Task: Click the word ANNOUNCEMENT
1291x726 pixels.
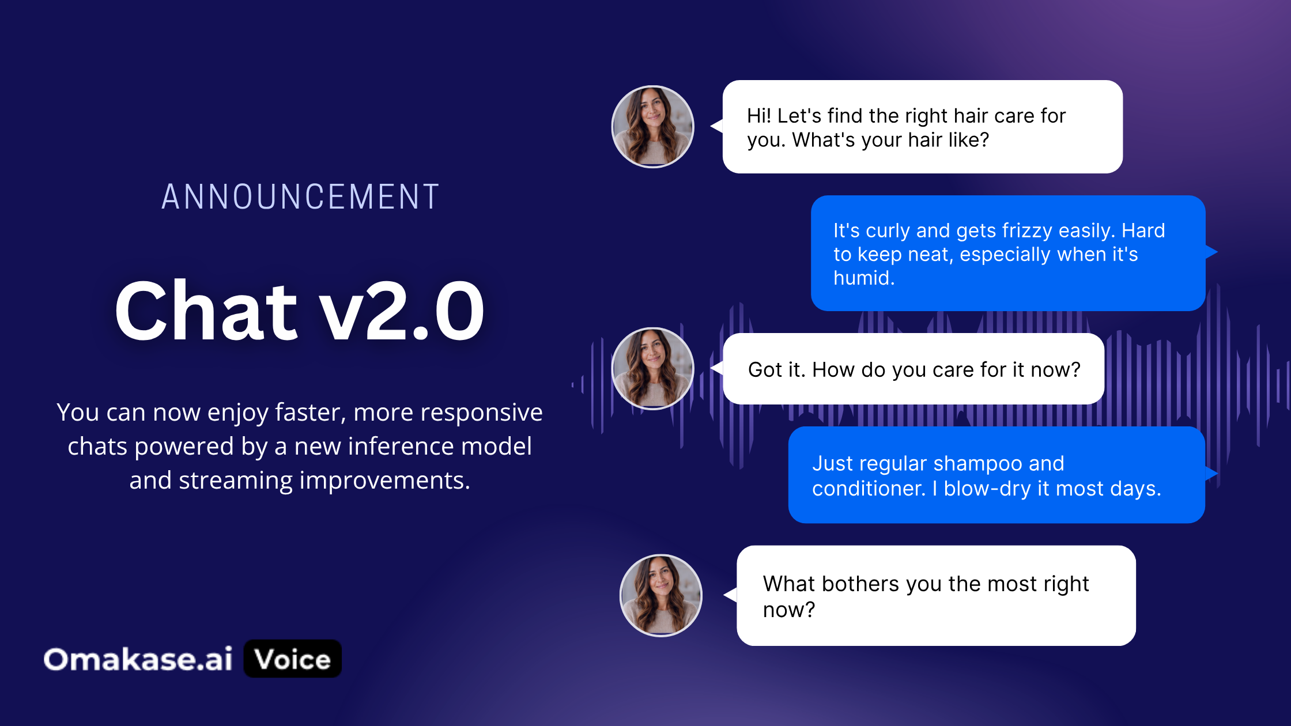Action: pos(300,196)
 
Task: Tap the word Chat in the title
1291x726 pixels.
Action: pos(206,311)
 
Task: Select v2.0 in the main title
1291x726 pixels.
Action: pos(402,311)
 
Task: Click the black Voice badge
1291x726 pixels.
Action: pos(293,659)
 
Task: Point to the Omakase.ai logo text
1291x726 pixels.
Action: pos(138,659)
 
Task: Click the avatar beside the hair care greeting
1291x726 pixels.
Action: pos(652,127)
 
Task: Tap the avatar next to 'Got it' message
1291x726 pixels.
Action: pos(652,369)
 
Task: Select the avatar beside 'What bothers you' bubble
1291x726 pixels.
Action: pos(661,596)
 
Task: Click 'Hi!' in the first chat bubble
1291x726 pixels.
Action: pos(759,116)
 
